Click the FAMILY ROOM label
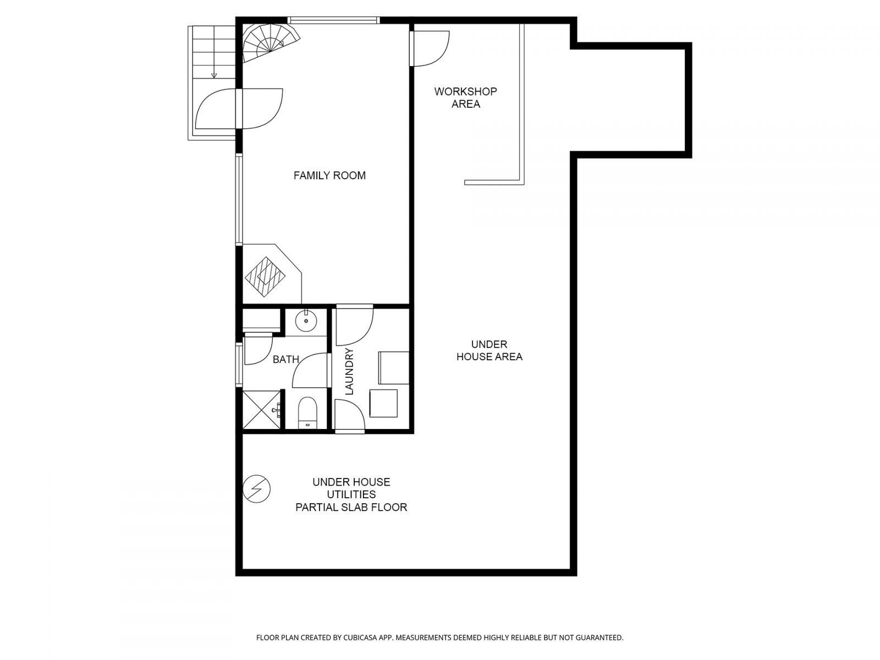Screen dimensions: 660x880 pyautogui.click(x=329, y=175)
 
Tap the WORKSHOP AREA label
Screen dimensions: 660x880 pyautogui.click(x=465, y=98)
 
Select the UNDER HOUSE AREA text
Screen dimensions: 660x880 pyautogui.click(x=489, y=350)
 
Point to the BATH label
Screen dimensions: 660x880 pyautogui.click(x=285, y=360)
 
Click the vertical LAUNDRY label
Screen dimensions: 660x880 pyautogui.click(x=349, y=372)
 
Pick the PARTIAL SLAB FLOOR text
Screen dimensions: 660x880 pyautogui.click(x=351, y=507)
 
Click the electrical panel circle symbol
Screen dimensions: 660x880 pyautogui.click(x=257, y=488)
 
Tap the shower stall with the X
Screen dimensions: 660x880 pyautogui.click(x=262, y=409)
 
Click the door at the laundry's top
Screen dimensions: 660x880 pyautogui.click(x=354, y=324)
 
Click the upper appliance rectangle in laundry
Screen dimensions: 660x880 pyautogui.click(x=393, y=367)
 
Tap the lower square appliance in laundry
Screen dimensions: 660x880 pyautogui.click(x=383, y=403)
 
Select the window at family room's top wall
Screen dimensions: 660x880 pyautogui.click(x=334, y=20)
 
